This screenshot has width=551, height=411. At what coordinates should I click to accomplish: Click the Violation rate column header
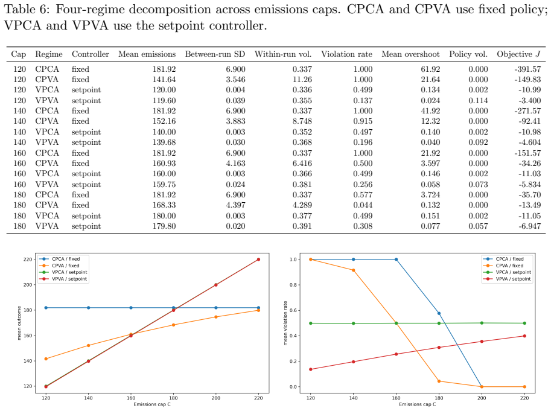point(346,54)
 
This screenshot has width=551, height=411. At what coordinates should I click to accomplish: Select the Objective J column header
point(518,54)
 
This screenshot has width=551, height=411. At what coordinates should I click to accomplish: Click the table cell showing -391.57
point(527,69)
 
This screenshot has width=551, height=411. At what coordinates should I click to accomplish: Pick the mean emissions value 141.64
point(164,80)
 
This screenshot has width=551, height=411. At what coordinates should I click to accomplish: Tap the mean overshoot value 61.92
point(430,69)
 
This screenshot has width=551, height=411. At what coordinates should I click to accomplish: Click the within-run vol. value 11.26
point(302,80)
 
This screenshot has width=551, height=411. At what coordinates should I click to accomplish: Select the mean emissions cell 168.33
point(164,205)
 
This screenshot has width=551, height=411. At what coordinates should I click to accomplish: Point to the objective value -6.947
point(529,226)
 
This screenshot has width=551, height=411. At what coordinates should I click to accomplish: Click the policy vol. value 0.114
point(478,101)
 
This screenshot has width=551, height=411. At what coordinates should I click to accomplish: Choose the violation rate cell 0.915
point(363,121)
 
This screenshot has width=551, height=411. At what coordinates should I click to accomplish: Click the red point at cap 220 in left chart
point(259,260)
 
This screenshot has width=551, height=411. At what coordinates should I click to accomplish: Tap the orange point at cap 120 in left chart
point(46,359)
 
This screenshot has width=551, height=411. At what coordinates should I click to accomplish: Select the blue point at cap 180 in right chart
point(439,313)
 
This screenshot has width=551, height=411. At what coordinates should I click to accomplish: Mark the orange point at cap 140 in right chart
point(354,270)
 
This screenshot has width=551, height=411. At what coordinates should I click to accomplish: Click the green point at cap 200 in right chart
point(482,323)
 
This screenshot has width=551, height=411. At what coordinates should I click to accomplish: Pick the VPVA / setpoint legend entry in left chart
point(63,279)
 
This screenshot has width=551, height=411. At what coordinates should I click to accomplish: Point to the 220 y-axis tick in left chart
point(28,260)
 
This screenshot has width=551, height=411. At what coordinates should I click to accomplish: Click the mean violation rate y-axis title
point(285,323)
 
